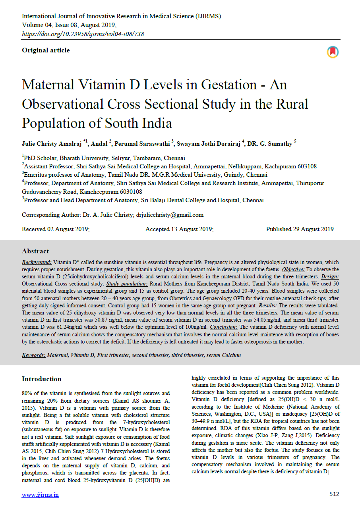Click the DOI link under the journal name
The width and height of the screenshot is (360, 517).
[83, 34]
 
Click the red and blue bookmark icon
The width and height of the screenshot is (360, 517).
[333, 52]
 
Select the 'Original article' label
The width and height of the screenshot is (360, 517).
[46, 50]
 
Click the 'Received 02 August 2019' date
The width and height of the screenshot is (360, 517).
[56, 229]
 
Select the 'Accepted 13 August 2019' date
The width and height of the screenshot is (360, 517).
[179, 229]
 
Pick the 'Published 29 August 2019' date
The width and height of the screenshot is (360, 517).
[300, 229]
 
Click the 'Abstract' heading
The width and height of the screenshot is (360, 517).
[35, 251]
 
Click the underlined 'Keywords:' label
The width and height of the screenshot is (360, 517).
[33, 355]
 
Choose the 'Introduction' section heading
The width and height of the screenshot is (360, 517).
[42, 379]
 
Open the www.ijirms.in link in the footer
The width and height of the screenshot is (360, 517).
[40, 495]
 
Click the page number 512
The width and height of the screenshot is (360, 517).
[334, 494]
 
